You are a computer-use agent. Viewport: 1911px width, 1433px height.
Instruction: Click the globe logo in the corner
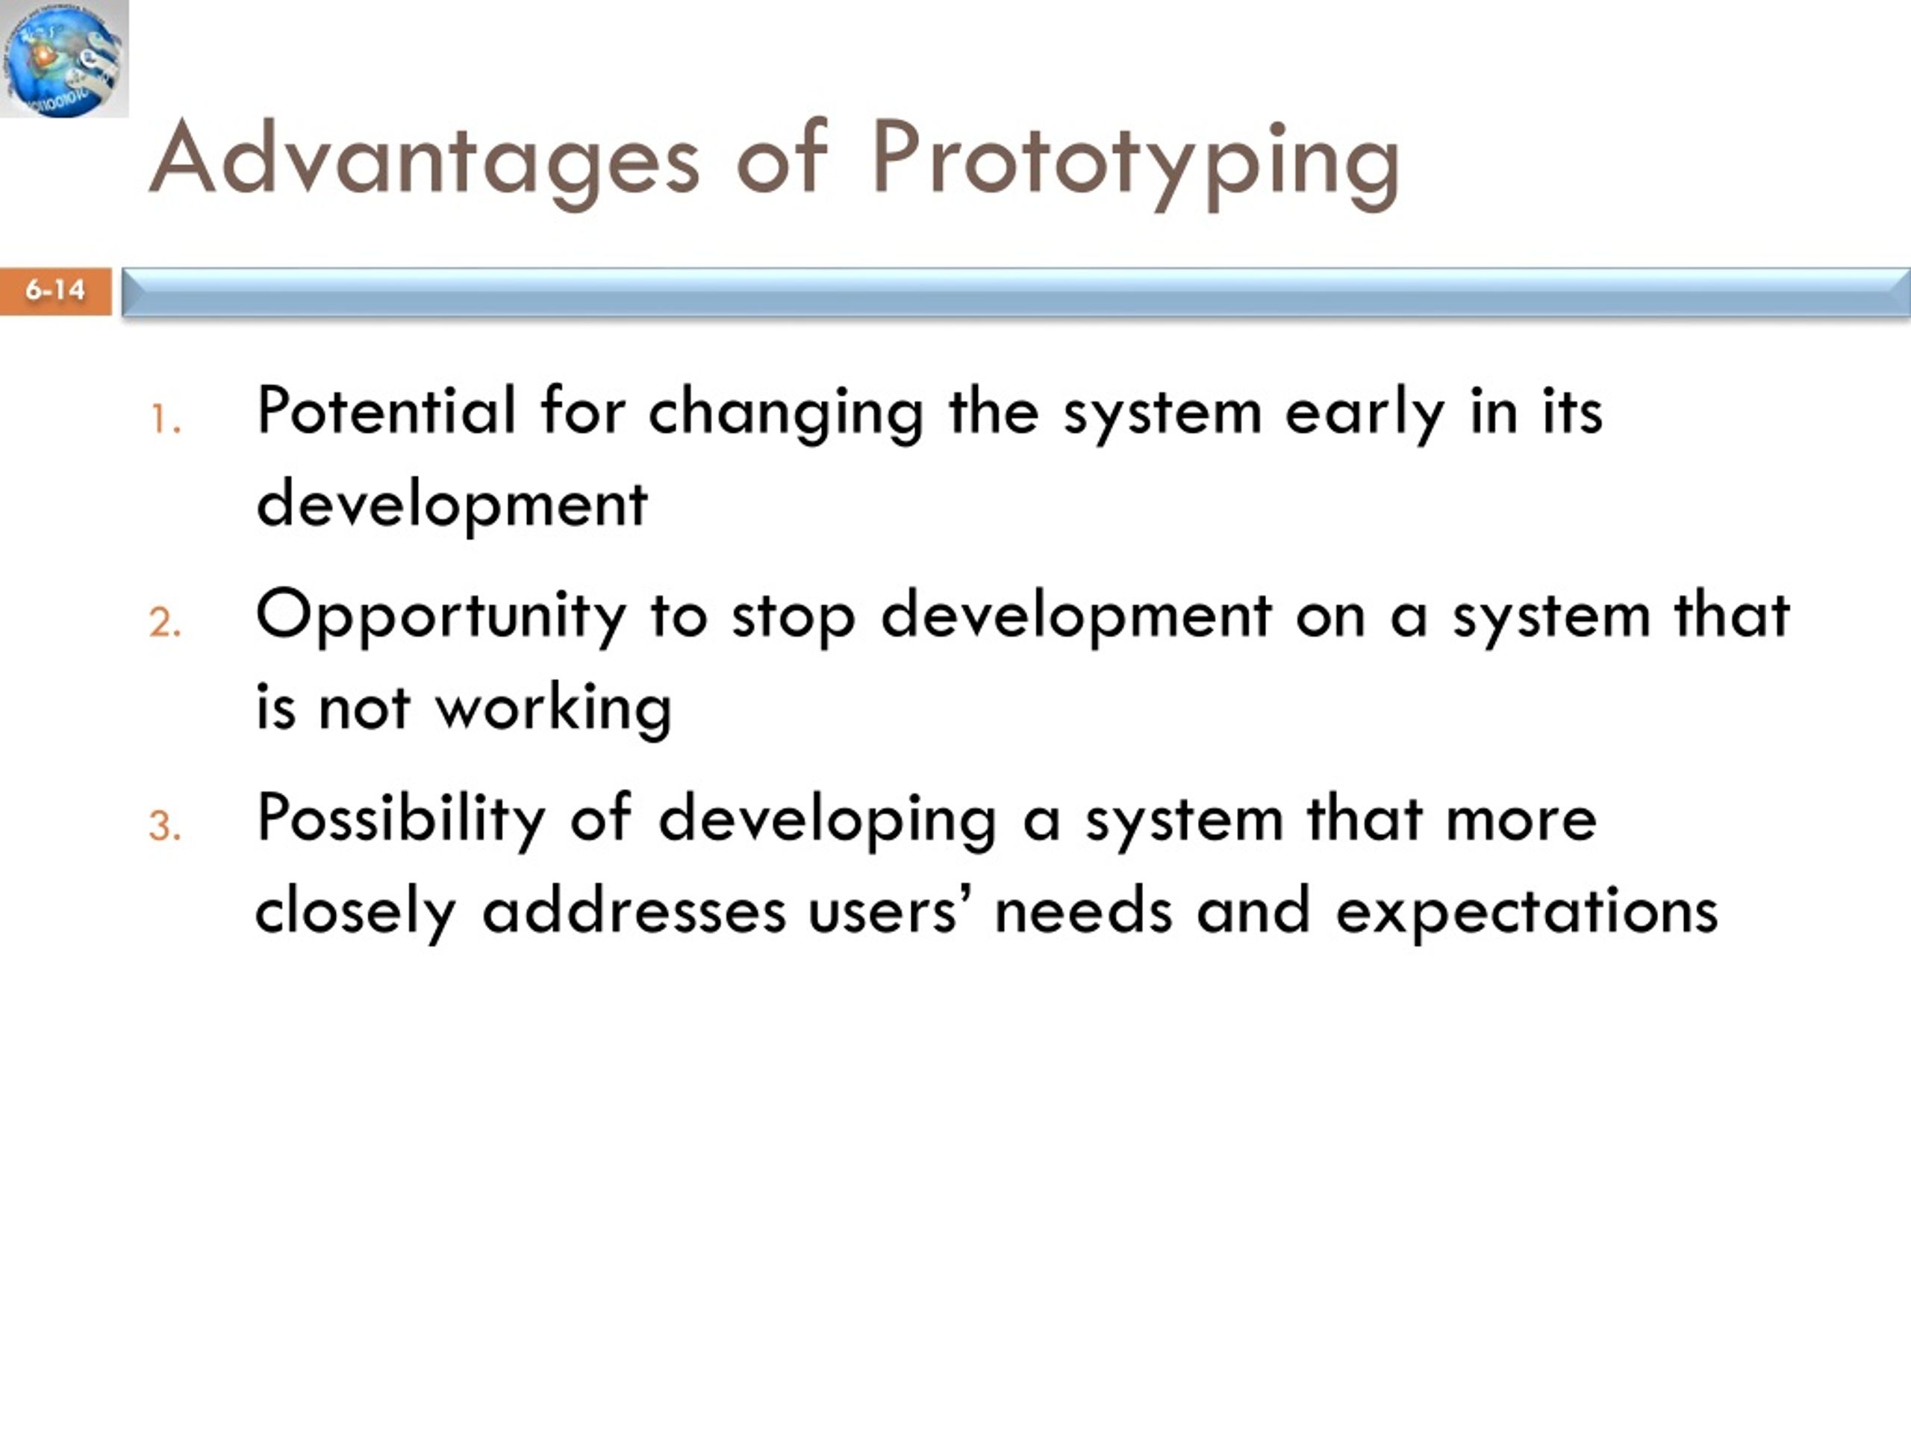click(x=64, y=58)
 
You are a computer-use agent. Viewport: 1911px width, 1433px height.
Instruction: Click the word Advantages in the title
click(x=424, y=160)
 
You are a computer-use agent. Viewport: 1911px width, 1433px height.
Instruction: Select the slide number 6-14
click(x=55, y=290)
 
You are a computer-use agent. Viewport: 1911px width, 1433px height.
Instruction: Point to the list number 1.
click(x=165, y=419)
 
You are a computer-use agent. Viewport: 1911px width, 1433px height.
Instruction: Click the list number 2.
click(x=165, y=622)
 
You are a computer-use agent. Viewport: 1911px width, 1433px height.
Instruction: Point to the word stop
click(x=793, y=619)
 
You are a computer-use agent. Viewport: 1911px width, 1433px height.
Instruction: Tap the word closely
click(x=355, y=914)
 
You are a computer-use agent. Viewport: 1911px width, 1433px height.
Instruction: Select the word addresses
click(x=634, y=911)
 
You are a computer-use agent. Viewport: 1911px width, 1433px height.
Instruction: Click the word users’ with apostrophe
click(x=883, y=912)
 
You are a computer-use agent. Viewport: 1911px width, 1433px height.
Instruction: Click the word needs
click(x=1083, y=911)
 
